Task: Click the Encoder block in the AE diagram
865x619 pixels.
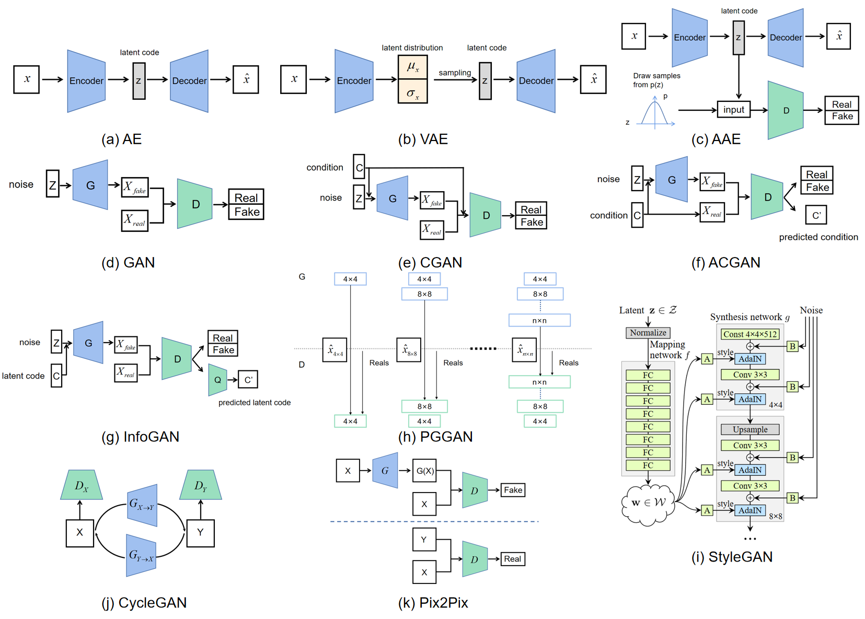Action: (x=86, y=81)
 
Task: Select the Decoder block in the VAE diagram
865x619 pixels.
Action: (x=536, y=81)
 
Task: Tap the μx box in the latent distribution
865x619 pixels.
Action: (x=412, y=67)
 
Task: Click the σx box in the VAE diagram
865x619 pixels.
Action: (x=412, y=91)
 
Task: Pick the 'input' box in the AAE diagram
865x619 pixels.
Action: (x=733, y=110)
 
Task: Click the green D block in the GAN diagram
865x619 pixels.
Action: (x=194, y=204)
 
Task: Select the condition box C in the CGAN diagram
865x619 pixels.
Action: (x=359, y=167)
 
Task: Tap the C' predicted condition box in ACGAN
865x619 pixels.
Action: (x=816, y=215)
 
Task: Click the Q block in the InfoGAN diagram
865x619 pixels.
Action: (x=217, y=380)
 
